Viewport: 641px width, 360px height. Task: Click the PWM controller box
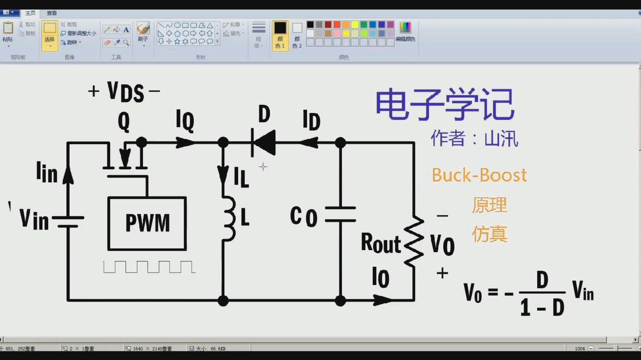tap(147, 223)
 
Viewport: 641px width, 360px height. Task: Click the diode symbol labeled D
tap(264, 143)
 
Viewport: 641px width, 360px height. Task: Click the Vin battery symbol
tap(68, 222)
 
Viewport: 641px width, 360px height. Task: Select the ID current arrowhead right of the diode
tap(309, 143)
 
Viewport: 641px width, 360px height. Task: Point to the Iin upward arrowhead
tap(68, 175)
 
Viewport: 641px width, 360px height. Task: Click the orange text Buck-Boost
tap(479, 175)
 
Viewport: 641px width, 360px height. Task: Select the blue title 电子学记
tap(445, 104)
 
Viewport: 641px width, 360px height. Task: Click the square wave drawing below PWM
tap(149, 267)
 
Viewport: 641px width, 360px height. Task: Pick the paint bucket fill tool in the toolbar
tap(116, 30)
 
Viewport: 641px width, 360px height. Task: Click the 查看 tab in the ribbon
tap(51, 13)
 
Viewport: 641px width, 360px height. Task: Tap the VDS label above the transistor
tap(125, 92)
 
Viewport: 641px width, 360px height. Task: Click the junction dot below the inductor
tap(223, 301)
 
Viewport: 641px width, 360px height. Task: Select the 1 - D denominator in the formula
tap(542, 307)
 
